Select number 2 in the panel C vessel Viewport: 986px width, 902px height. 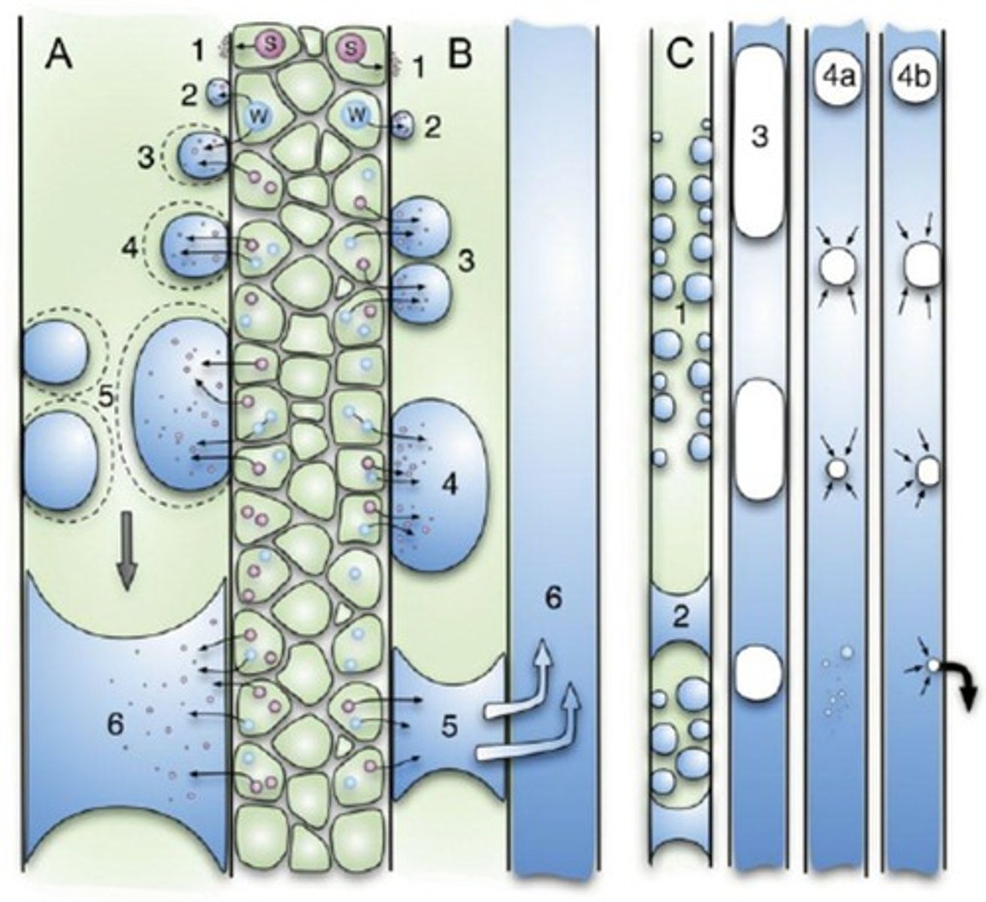(x=681, y=617)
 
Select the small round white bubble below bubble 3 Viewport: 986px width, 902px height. (x=758, y=671)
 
